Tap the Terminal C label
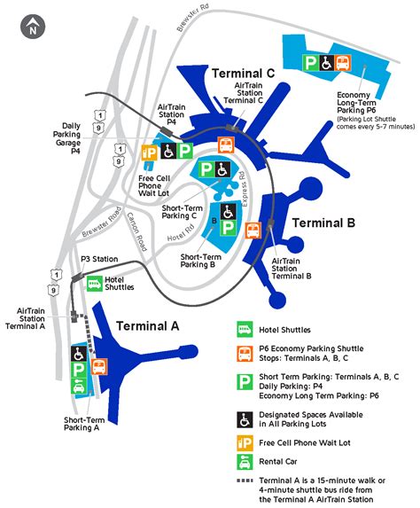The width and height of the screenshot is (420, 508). point(243,72)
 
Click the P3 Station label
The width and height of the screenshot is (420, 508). point(97,259)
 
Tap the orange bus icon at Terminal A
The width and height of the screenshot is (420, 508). point(98,364)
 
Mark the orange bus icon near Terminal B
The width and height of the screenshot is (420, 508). point(253,231)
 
